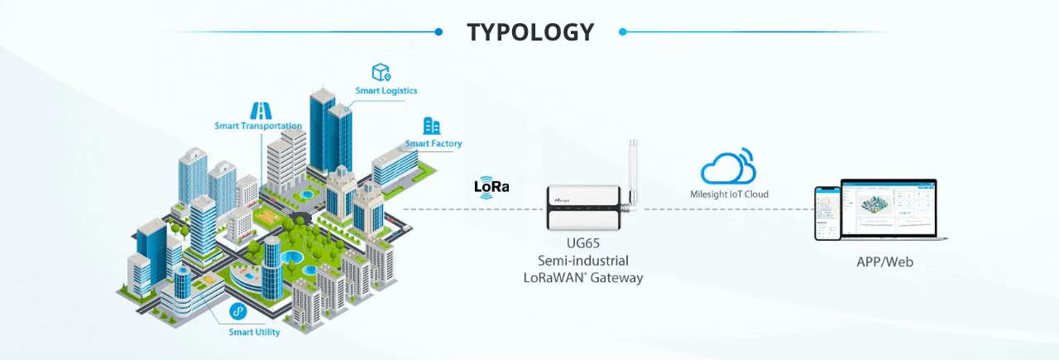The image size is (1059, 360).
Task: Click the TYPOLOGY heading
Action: coord(530,32)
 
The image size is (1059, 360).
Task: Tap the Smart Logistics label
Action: coord(386,90)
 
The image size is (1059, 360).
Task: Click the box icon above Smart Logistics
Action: coord(381,72)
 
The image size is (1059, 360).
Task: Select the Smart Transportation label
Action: coord(258,126)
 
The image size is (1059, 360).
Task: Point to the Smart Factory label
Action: coord(434,143)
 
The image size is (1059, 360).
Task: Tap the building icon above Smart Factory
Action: coord(431,126)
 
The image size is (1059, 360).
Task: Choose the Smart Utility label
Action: coord(254,332)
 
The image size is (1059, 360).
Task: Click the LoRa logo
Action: coord(491,186)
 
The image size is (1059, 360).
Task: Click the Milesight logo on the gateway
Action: coord(565,199)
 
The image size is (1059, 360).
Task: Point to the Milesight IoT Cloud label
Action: coord(729,194)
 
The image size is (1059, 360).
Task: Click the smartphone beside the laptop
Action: coord(827,213)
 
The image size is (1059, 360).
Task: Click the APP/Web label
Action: coord(884,262)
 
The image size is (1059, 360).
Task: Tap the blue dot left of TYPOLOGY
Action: coord(438,32)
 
